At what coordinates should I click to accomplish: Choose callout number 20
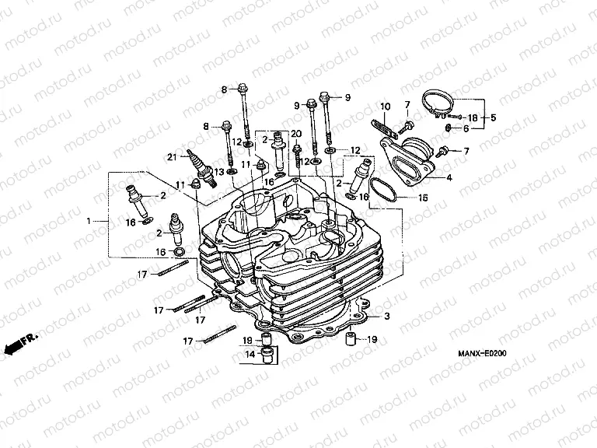click(295, 135)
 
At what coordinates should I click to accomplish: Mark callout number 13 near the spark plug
click(220, 171)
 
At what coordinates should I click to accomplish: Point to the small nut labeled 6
click(451, 128)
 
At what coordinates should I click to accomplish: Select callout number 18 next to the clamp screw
click(472, 117)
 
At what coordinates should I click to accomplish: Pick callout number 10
click(384, 106)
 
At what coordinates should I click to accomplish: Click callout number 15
click(423, 198)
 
